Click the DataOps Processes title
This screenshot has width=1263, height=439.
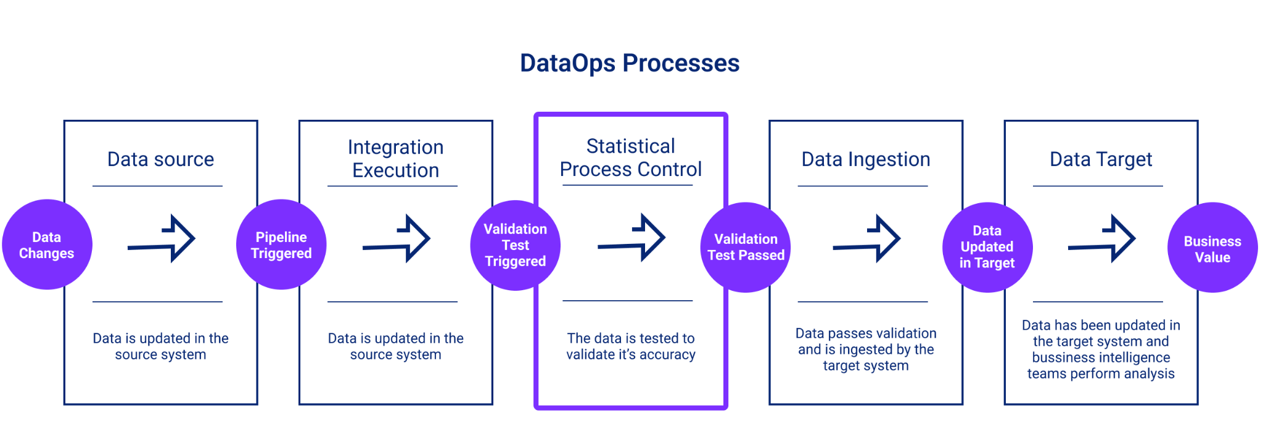630,63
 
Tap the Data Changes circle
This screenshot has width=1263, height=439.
47,245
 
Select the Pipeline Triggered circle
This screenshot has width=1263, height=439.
281,245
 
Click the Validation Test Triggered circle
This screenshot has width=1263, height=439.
516,245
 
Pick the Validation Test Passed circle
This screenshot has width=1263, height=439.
746,247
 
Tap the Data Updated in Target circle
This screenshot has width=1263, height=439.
987,247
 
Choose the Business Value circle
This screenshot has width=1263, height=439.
1212,248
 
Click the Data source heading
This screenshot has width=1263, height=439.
160,159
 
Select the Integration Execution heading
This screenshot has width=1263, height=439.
395,159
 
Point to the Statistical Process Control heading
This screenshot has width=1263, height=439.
630,157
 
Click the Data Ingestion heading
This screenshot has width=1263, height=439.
865,159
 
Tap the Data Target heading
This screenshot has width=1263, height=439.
1101,159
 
